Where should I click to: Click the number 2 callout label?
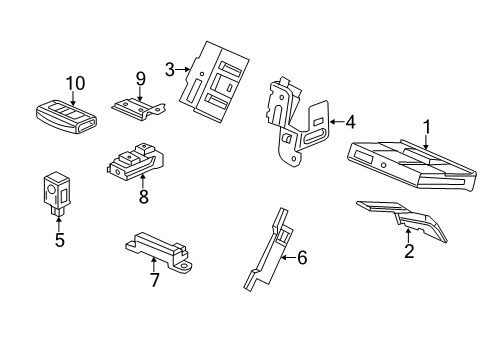coord(408,251)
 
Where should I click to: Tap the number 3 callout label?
coord(171,69)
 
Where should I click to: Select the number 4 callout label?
coord(350,123)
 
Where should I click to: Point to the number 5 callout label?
coord(59,240)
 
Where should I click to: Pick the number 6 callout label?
coord(302,257)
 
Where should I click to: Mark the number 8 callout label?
coord(143,197)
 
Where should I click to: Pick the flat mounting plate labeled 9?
coord(138,107)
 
